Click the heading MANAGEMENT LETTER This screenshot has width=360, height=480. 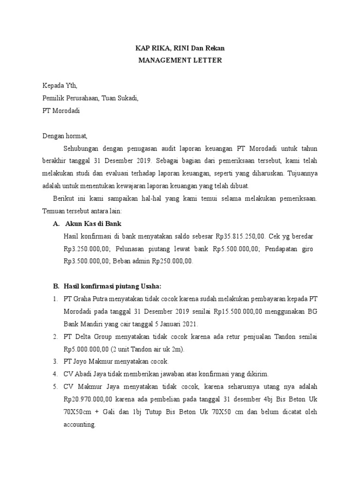pyautogui.click(x=179, y=60)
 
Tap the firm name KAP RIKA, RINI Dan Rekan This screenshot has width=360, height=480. pyautogui.click(x=179, y=48)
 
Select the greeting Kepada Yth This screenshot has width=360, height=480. pyautogui.click(x=60, y=86)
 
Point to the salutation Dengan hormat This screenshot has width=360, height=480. pyautogui.click(x=65, y=136)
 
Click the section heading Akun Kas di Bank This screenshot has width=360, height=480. pyautogui.click(x=94, y=224)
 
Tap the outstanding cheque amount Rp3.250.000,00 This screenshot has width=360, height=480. pyautogui.click(x=89, y=249)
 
